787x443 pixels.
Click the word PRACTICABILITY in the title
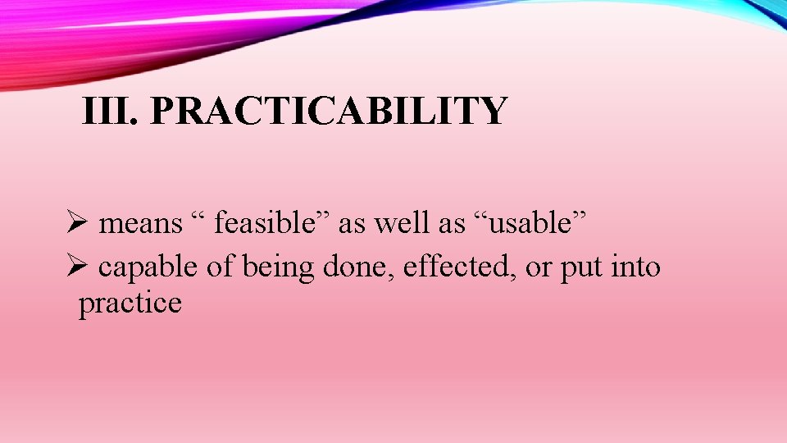point(329,111)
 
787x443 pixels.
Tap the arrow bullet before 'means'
point(78,223)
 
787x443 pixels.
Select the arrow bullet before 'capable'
point(78,267)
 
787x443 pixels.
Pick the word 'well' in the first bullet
point(396,222)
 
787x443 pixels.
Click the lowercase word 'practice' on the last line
point(130,304)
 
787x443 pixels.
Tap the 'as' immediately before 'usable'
point(455,224)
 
